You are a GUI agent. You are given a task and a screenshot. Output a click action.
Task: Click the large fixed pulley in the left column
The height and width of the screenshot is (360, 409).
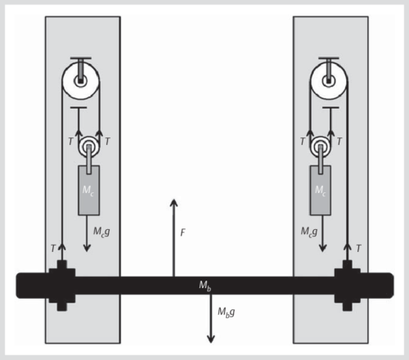point(80,80)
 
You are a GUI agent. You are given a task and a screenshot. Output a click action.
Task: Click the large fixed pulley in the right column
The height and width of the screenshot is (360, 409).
point(328,80)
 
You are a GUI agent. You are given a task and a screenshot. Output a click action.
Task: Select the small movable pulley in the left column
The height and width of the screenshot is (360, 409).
point(88,146)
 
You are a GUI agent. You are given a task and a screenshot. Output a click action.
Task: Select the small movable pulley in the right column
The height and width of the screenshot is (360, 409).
point(320,146)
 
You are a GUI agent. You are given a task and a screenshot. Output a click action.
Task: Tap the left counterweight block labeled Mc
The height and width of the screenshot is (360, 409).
point(88,190)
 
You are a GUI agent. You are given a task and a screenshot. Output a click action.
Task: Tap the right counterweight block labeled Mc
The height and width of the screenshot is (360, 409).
point(320,190)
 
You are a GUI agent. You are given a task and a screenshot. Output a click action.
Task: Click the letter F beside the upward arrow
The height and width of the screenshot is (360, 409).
point(182,232)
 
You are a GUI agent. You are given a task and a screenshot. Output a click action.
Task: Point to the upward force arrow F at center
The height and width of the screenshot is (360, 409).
point(173,237)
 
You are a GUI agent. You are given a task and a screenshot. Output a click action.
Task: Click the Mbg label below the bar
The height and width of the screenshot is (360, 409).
point(226,312)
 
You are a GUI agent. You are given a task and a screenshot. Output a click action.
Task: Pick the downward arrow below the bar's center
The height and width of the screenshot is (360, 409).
point(211,319)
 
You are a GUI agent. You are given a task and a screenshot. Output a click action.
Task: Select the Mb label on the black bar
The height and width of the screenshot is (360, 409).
point(205,285)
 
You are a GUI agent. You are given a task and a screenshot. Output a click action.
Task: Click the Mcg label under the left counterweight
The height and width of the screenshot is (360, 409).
point(101,232)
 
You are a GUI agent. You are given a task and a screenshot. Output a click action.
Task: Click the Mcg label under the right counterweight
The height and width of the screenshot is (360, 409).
point(308,232)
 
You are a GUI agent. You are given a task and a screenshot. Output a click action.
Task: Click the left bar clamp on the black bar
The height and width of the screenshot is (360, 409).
point(61,285)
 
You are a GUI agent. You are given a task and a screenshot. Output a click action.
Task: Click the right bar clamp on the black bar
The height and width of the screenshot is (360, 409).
point(347,285)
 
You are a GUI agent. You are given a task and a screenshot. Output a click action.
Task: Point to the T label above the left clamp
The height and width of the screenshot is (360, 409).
point(53,248)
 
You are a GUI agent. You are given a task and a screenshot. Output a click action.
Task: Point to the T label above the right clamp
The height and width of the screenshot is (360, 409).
point(357,248)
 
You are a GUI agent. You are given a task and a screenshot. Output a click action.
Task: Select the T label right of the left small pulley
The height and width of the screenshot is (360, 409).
point(106,142)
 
